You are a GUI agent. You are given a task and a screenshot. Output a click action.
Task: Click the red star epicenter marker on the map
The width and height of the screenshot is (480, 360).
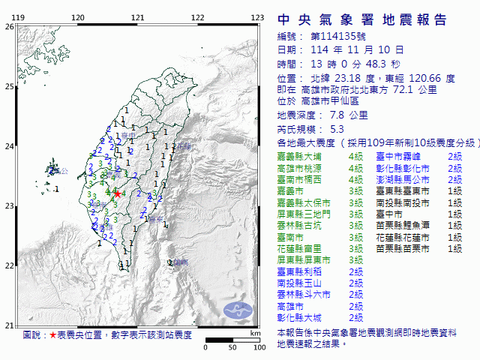point(116,193)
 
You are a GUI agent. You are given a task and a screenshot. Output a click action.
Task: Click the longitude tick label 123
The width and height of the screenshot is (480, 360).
point(257,17)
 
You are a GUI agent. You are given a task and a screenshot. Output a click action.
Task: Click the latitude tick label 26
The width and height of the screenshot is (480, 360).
point(9,26)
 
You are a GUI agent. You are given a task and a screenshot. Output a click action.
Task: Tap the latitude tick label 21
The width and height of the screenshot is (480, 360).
point(9,325)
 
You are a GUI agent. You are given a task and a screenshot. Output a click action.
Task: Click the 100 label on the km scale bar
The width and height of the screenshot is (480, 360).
point(260,348)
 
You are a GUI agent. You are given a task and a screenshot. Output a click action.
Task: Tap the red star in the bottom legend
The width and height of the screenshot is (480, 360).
point(52,334)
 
